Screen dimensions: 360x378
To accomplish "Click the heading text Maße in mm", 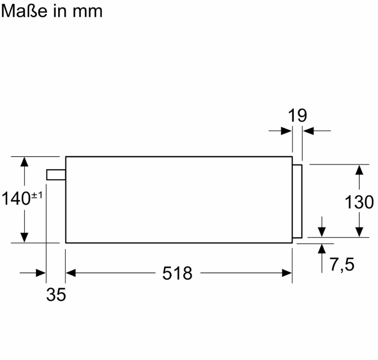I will (x=52, y=11).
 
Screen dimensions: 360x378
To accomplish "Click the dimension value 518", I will (x=177, y=273).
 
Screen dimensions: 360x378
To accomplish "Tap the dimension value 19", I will (x=297, y=115).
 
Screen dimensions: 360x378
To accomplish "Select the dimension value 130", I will (x=359, y=202).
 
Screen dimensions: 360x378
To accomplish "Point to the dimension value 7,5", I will (x=342, y=265).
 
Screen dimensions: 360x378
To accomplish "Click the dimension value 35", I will (x=56, y=295).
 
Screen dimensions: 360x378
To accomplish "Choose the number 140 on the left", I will (x=16, y=199).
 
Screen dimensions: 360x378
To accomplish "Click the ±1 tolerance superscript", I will (x=36, y=195).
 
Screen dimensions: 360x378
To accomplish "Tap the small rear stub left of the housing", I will (x=56, y=174).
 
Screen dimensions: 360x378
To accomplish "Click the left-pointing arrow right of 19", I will (x=308, y=131).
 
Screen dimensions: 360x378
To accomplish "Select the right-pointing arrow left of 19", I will (x=286, y=131).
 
